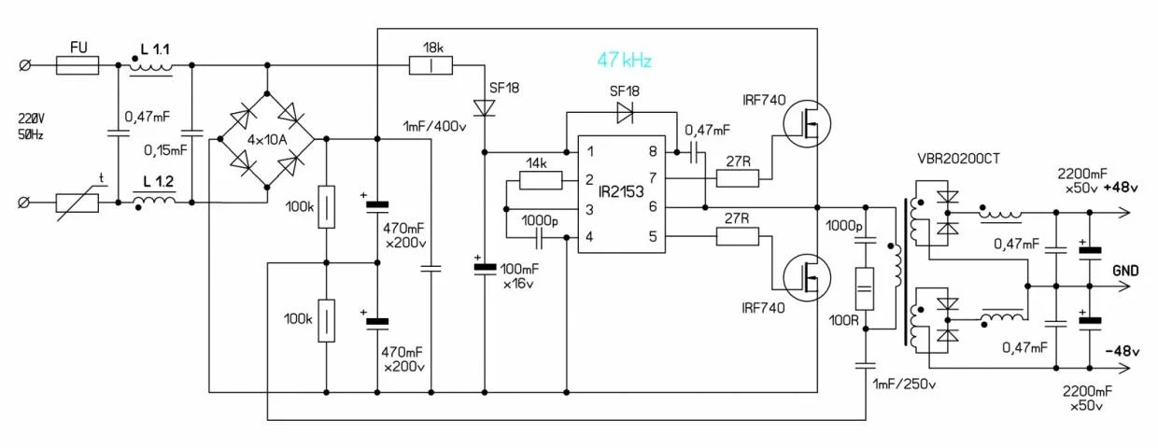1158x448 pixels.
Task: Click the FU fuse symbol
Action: [78, 65]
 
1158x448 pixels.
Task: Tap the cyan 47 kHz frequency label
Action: [624, 61]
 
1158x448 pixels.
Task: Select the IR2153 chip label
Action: [621, 193]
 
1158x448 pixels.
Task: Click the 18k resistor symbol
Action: [431, 65]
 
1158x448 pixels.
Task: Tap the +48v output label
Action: [1121, 188]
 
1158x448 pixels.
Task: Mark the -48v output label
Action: [1121, 352]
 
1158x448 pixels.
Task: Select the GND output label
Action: [1124, 271]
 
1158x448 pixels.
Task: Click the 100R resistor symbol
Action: [865, 290]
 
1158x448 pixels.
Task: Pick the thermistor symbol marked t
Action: [78, 202]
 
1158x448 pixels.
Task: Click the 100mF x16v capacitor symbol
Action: [485, 268]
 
